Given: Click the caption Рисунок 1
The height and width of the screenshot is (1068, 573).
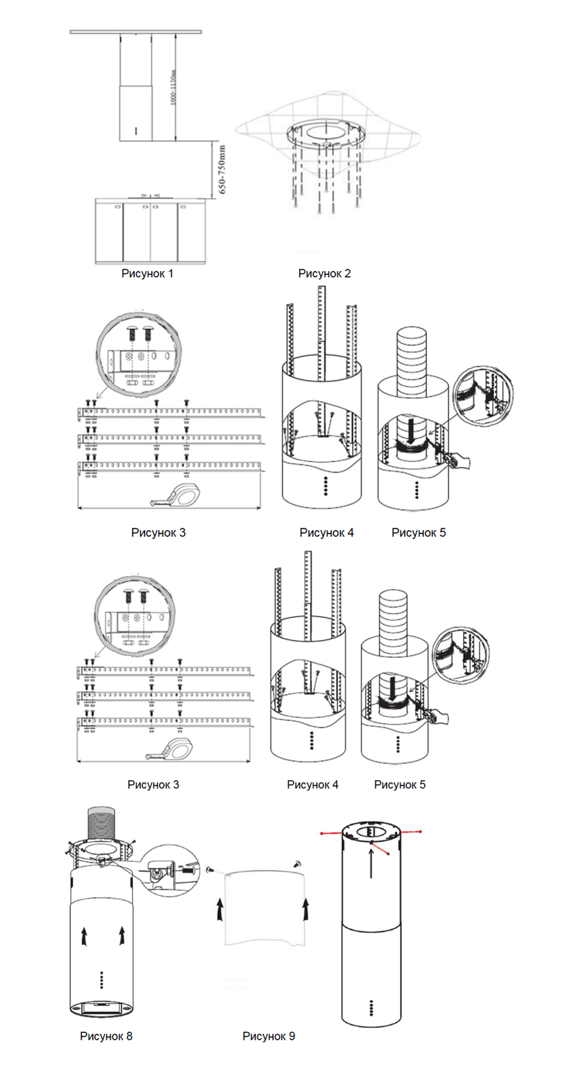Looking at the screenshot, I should point(147,273).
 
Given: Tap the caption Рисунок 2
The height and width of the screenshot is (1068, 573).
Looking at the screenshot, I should point(324,273).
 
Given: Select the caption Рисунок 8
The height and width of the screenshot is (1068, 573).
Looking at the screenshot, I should point(106,1036).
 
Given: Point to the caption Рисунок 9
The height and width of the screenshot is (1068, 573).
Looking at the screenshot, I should point(268,1036).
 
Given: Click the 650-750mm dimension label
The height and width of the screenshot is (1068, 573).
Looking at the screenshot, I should point(222,169).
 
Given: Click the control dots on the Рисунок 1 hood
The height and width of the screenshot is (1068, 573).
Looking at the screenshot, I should point(136,131).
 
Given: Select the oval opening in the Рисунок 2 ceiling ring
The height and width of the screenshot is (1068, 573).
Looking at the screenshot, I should point(325,132).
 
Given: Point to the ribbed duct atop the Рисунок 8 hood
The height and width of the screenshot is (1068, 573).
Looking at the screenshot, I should point(102,824).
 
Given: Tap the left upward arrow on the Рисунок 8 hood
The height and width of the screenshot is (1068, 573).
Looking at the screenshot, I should point(84,937).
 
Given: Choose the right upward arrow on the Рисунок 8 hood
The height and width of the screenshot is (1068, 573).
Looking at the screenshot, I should point(122,935).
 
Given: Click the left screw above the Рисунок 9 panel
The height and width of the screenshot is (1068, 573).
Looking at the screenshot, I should point(210,870).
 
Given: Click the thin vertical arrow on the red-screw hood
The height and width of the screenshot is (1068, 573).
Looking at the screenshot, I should point(371,863).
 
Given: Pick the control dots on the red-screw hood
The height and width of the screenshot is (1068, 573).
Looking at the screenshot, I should point(371,1008).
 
